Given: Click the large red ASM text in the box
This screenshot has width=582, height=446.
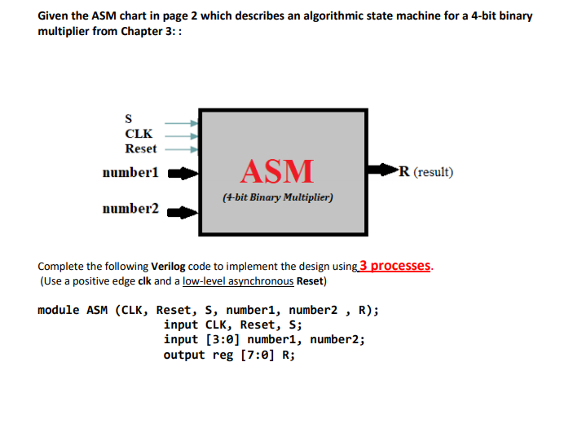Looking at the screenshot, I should tap(277, 170).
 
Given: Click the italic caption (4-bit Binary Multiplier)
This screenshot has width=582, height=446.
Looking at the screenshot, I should tap(277, 197).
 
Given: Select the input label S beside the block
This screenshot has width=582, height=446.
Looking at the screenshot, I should tap(128, 119).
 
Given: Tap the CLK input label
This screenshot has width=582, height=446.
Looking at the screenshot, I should tap(138, 134).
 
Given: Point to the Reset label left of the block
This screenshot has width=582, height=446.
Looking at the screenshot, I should tap(140, 148).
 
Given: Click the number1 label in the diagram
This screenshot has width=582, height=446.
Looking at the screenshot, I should tap(130, 173).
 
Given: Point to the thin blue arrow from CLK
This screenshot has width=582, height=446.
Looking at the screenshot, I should tap(179, 135).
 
